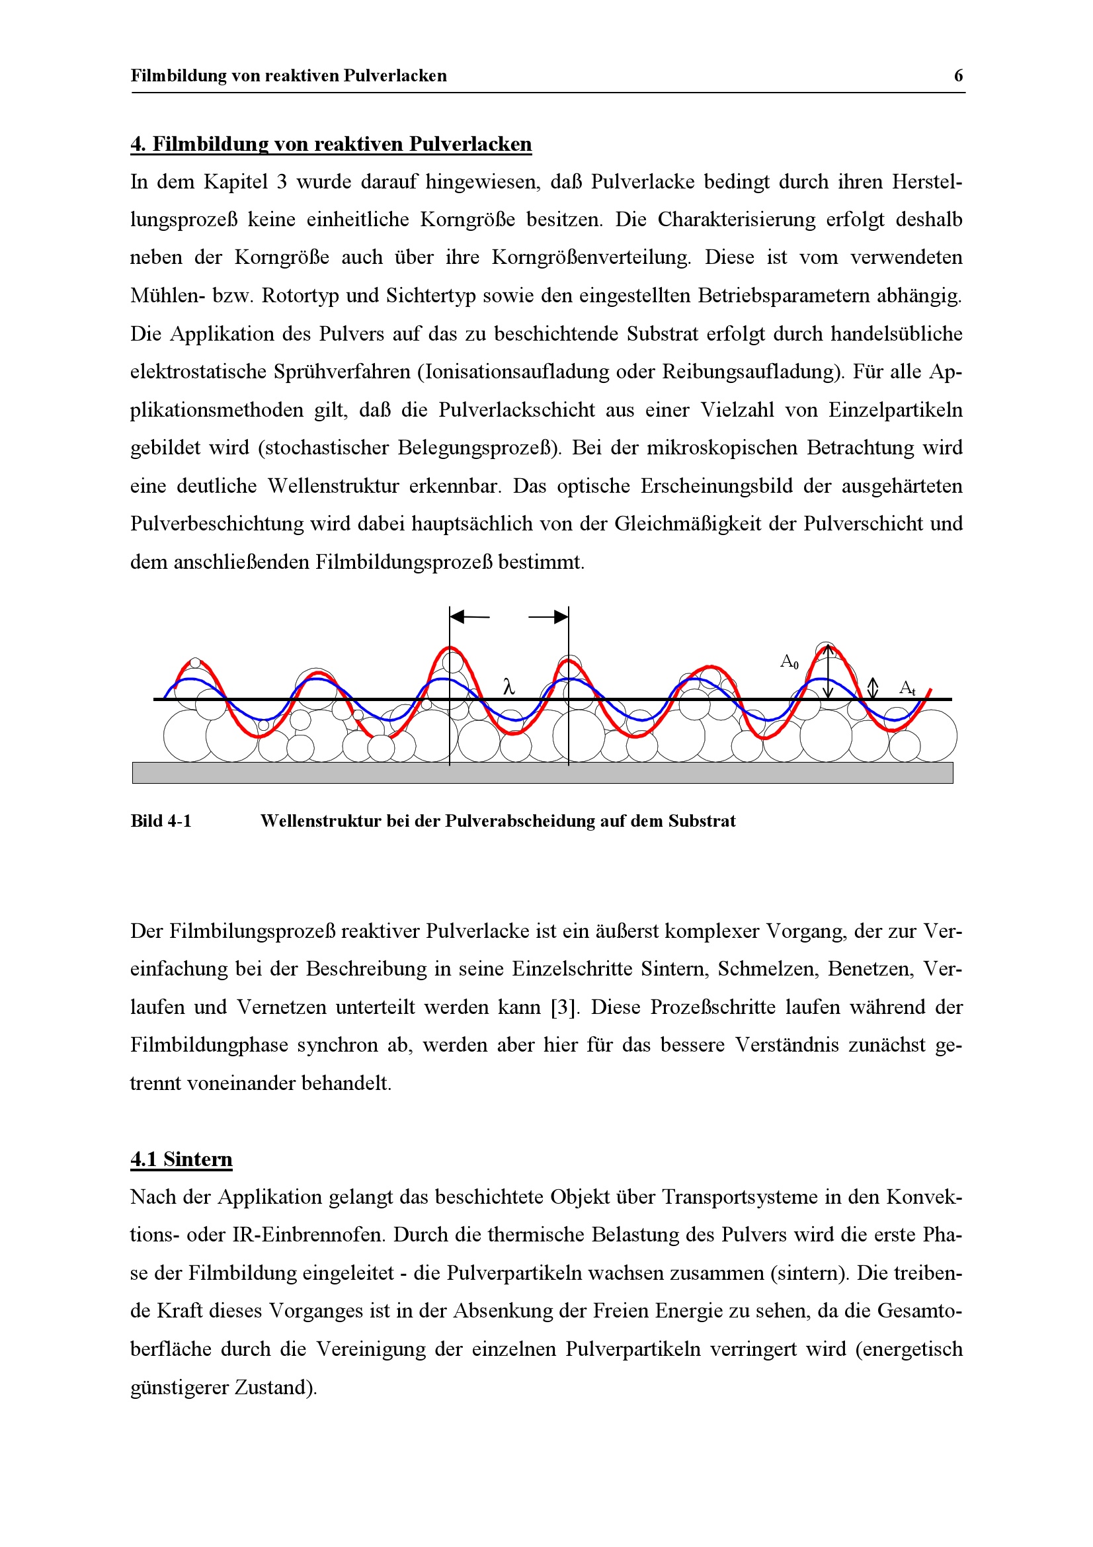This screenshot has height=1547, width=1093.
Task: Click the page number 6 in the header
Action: (x=957, y=75)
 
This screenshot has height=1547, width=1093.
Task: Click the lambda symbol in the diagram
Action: (x=509, y=687)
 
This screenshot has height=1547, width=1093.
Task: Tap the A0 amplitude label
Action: (x=789, y=661)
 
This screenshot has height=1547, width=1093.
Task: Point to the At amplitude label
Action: (x=907, y=688)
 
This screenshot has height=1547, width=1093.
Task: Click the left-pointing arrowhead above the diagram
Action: (x=458, y=616)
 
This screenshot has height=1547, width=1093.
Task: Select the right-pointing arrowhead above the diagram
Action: (x=560, y=616)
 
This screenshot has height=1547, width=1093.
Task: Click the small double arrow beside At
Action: (x=873, y=688)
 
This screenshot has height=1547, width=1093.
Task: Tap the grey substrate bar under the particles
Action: (x=542, y=772)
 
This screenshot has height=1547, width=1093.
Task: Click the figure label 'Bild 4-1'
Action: (x=161, y=821)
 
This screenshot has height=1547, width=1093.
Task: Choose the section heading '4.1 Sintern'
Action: (x=181, y=1159)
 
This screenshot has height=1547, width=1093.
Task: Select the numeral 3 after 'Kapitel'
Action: (x=282, y=182)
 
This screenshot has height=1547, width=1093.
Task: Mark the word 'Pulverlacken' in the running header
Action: (x=395, y=75)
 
